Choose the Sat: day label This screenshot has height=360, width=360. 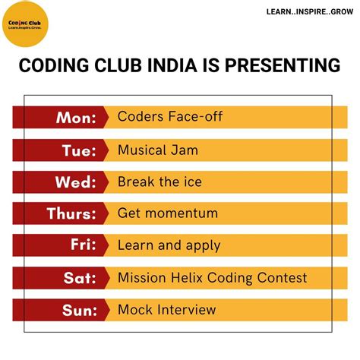[80, 278]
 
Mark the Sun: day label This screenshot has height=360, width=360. [78, 310]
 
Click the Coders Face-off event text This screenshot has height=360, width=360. [169, 118]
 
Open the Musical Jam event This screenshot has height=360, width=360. [158, 150]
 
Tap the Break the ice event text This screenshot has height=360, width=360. [159, 182]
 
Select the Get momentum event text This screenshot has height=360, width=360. [167, 214]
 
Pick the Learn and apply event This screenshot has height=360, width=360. [169, 246]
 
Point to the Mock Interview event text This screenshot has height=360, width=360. [166, 310]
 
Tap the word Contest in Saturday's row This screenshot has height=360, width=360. [280, 278]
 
